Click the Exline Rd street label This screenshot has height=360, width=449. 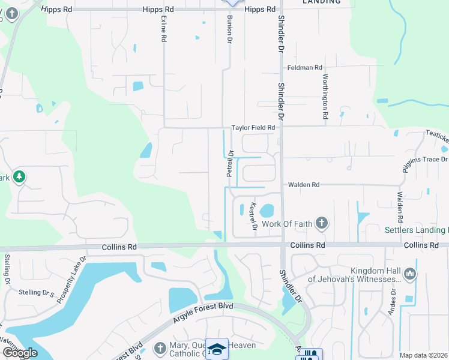(163, 28)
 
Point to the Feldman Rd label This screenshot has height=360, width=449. (304, 68)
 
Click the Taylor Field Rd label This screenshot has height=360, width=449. (253, 128)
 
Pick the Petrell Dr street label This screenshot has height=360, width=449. (229, 163)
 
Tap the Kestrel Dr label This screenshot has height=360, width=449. (253, 217)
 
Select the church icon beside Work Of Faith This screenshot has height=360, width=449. (322, 224)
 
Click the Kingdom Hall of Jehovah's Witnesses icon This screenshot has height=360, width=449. (411, 274)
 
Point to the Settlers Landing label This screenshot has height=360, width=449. (416, 230)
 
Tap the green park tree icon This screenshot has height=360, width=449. (19, 176)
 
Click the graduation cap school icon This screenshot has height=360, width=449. (217, 349)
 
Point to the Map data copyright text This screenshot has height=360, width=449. (424, 355)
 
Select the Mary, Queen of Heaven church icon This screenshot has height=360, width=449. (160, 348)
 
